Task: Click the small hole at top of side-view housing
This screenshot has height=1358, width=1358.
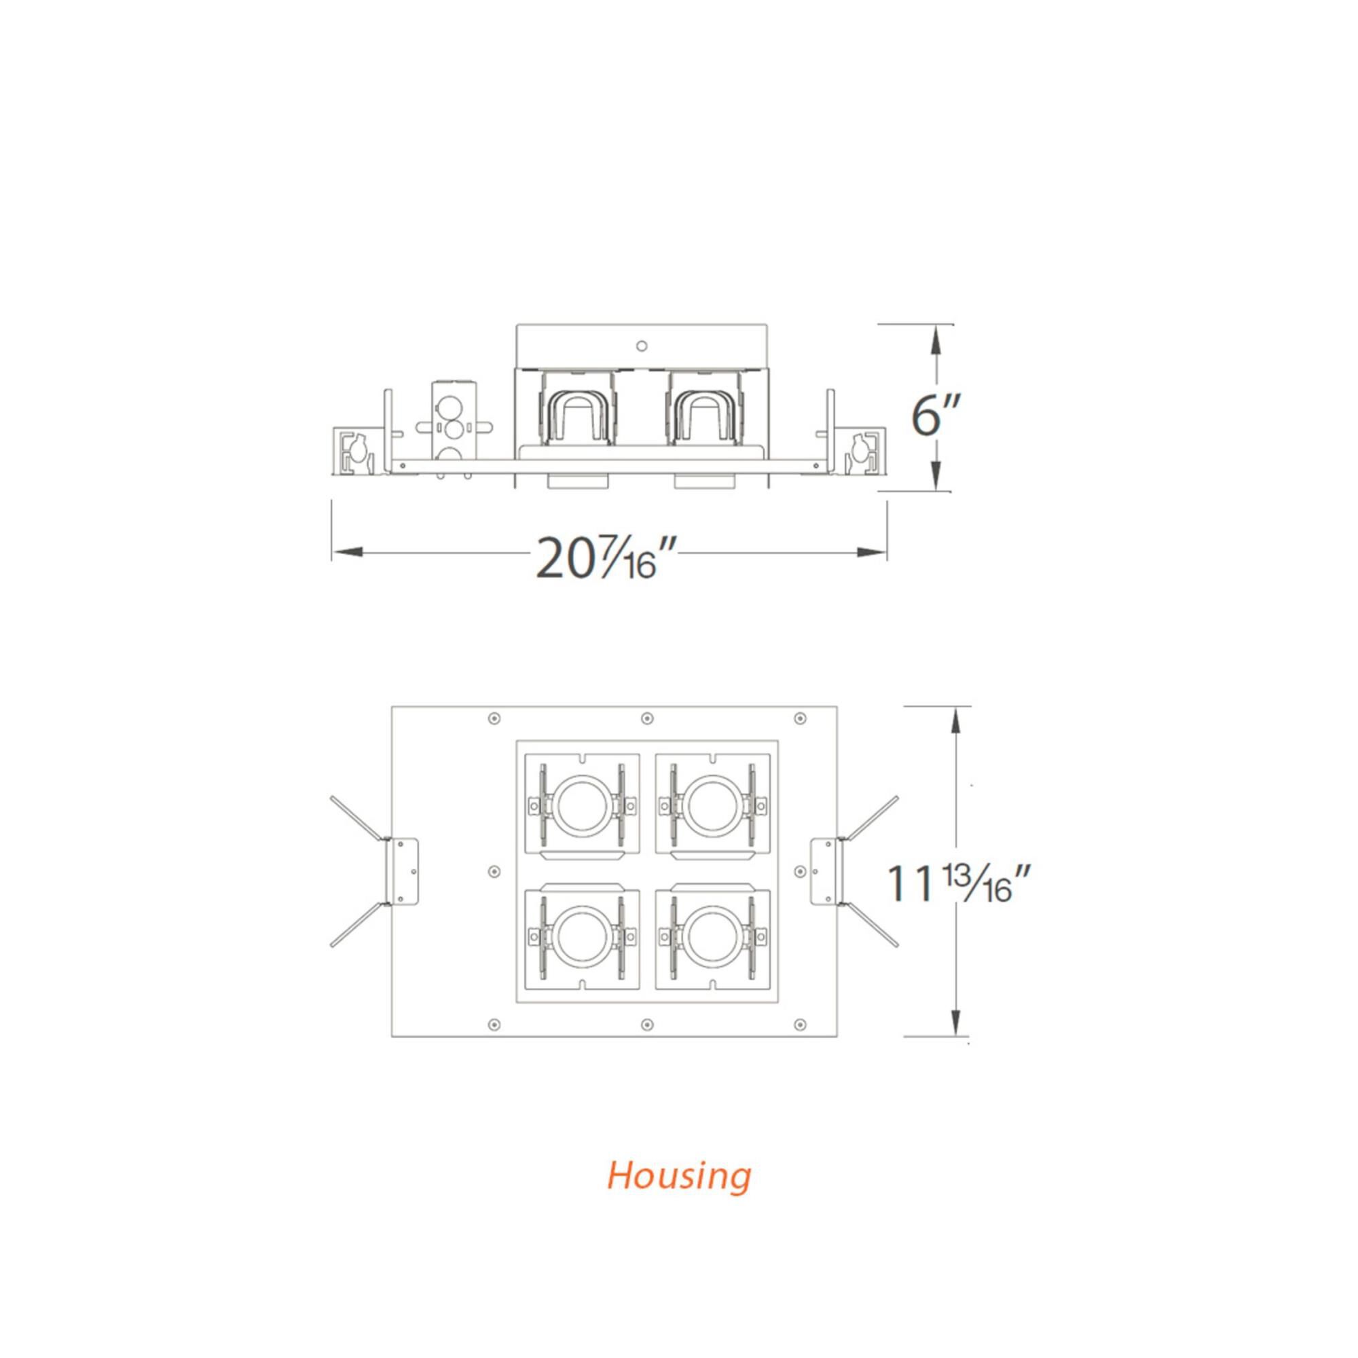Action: (641, 346)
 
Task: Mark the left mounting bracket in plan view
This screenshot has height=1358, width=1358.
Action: (403, 870)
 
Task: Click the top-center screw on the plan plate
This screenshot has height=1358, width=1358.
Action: (646, 718)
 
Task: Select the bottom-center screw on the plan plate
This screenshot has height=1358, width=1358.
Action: (646, 1024)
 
